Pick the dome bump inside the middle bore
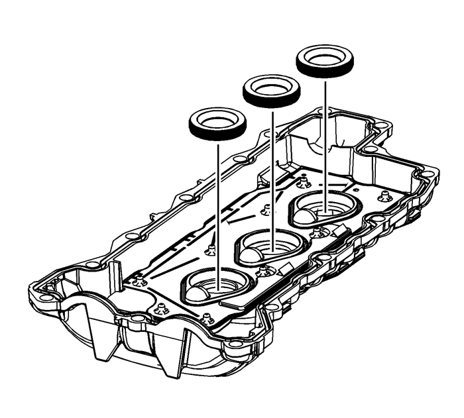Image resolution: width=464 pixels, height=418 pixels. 253,254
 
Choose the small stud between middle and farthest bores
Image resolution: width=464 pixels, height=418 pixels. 318,231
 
